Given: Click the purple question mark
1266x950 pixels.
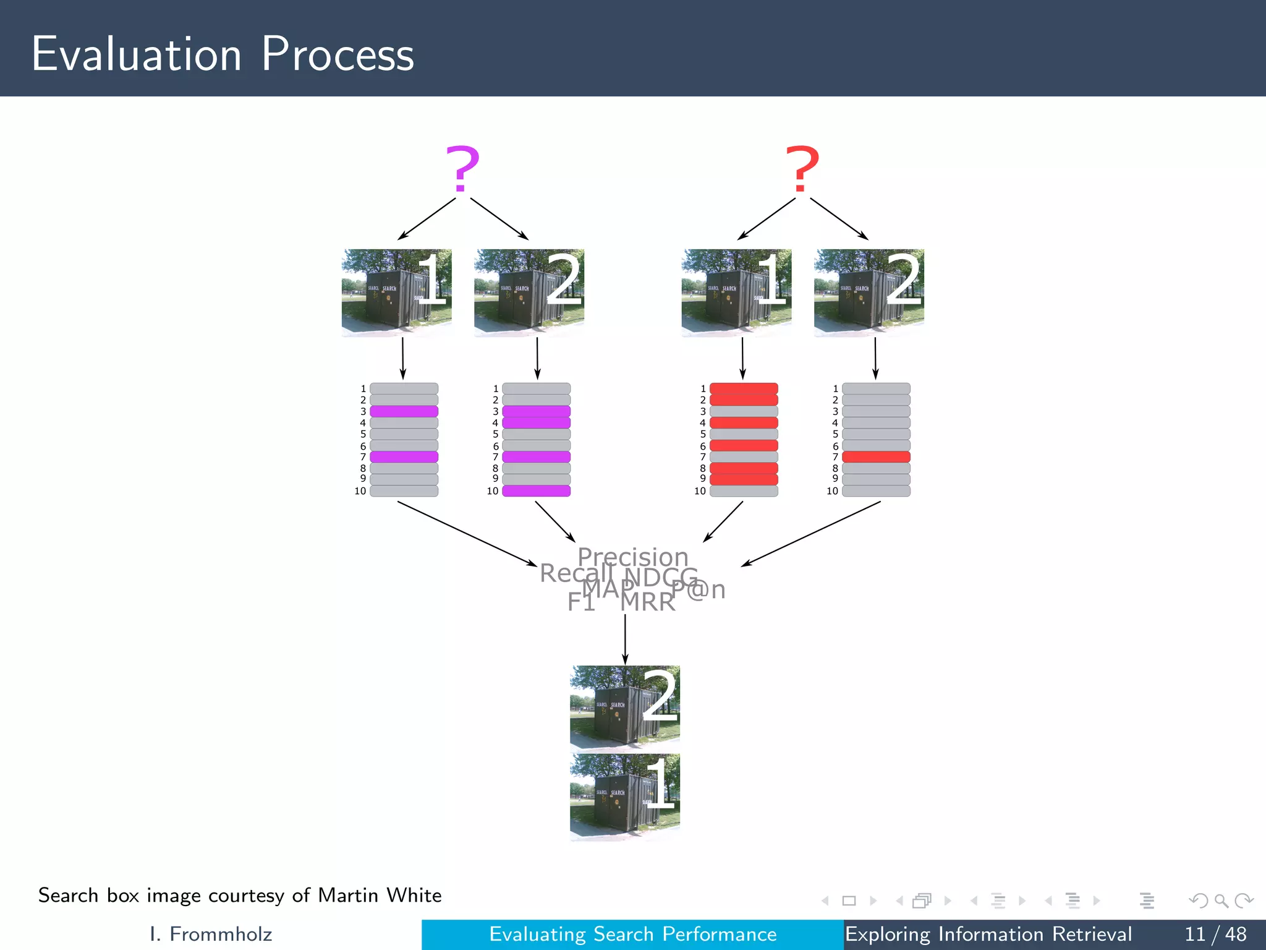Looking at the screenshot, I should coord(462,168).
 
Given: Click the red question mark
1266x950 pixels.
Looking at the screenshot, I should coord(802,168).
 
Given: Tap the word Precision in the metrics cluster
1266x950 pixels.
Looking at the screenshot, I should coord(632,557).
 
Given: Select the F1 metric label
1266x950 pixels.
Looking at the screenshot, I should coord(581,602).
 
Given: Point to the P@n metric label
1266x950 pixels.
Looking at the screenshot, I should coord(699,589).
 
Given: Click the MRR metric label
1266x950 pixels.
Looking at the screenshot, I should coord(648,602).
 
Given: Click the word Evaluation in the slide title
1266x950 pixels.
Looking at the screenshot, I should coord(137,54).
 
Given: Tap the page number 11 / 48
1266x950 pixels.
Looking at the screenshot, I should coord(1215,934).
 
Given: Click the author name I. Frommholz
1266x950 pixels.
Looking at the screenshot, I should coord(211,934).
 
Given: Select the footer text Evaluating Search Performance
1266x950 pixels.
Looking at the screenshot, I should coord(632,934).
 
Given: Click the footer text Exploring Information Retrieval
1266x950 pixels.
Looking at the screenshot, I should coord(988,934).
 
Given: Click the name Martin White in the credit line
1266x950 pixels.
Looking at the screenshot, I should coord(380,896).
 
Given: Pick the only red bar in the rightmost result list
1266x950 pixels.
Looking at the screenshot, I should coord(876,457).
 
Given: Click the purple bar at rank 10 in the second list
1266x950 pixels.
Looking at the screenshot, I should coord(536,491).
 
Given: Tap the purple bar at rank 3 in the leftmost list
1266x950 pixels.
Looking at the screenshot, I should coord(404,411).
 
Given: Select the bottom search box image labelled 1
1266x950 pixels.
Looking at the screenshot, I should coord(624,797).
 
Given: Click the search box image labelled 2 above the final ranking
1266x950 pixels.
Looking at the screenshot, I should coord(624,707).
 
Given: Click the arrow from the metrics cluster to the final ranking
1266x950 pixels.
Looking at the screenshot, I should coord(625,640).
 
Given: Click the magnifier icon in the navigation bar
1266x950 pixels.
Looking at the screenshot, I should coord(1221,901).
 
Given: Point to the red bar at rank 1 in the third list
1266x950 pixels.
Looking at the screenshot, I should coord(744,388).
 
